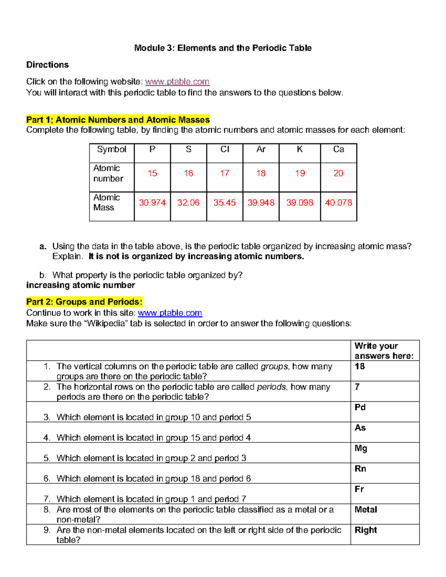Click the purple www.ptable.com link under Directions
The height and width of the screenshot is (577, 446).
click(177, 82)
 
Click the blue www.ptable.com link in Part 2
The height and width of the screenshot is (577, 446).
click(170, 313)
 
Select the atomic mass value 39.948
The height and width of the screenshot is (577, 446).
click(261, 203)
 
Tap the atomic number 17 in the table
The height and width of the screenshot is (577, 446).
click(224, 174)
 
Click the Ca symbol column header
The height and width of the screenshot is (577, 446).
click(338, 149)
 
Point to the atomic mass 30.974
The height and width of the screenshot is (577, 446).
click(152, 203)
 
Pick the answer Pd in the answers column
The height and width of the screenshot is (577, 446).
click(360, 408)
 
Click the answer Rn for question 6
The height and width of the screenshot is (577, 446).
click(360, 469)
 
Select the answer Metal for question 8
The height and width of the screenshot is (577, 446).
click(366, 510)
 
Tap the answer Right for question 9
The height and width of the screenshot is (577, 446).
click(366, 530)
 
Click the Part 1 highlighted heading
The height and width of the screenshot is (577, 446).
click(118, 120)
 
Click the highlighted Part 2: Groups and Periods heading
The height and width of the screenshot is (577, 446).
click(84, 302)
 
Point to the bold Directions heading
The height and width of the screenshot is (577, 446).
click(48, 65)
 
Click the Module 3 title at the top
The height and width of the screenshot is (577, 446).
click(223, 48)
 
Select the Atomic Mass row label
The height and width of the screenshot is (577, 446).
click(106, 202)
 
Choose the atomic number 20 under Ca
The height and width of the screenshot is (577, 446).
click(338, 174)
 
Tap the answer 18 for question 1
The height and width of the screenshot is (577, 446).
click(359, 367)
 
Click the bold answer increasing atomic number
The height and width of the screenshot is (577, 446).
click(81, 285)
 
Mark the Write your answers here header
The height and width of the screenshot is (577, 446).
click(384, 351)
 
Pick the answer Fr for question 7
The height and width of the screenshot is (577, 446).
click(359, 489)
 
